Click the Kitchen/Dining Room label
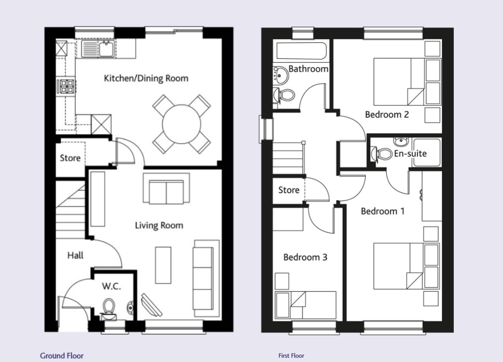click(x=146, y=78)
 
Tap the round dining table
click(x=182, y=124)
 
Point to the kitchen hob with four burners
click(x=67, y=87)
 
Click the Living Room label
click(x=159, y=225)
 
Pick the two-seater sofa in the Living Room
click(x=166, y=188)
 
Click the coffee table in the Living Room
click(x=163, y=265)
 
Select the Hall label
click(x=76, y=256)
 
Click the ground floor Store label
click(x=70, y=158)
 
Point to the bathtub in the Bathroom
click(x=301, y=51)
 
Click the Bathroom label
click(x=308, y=69)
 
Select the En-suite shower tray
click(x=427, y=153)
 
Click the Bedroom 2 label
click(x=387, y=114)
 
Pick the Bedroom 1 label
click(x=383, y=211)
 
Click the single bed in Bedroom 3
click(x=306, y=305)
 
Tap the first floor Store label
click(x=289, y=190)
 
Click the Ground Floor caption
click(x=62, y=356)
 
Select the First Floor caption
click(x=291, y=356)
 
